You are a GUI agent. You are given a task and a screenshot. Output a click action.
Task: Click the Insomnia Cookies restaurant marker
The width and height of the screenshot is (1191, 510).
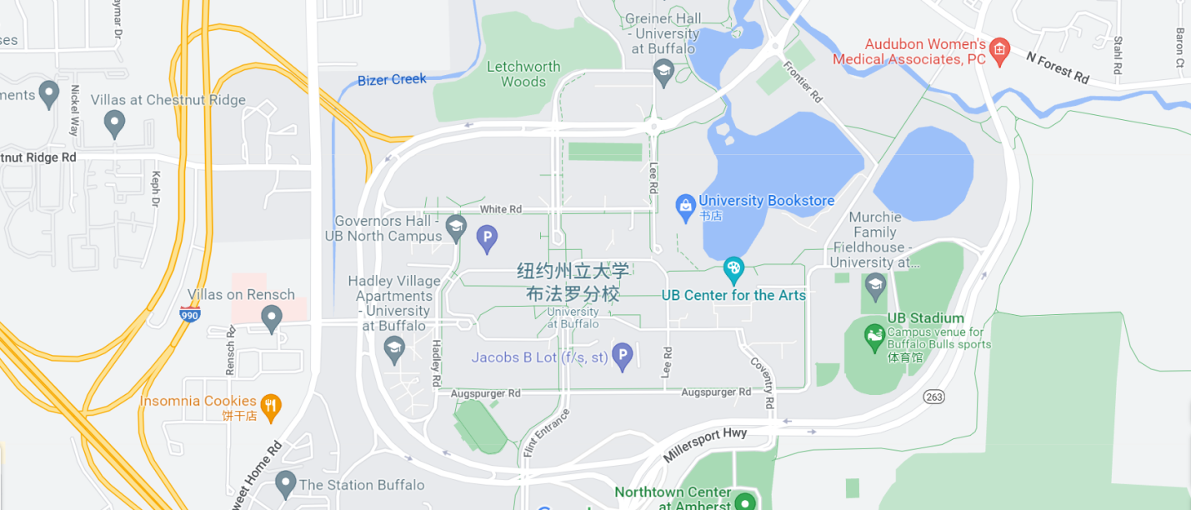click(x=271, y=407)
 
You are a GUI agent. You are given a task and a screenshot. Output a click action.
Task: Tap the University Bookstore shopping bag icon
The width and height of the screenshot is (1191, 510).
click(x=685, y=207)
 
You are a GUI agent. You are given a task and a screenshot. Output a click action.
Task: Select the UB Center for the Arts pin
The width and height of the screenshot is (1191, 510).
click(x=733, y=269)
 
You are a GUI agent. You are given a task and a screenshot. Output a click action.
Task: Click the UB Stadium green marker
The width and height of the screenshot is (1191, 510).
click(x=873, y=338)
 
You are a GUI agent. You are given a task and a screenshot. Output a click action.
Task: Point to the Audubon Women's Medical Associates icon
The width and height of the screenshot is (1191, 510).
click(x=999, y=51)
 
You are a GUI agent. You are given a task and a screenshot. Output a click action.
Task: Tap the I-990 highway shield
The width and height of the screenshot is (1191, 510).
click(x=189, y=314)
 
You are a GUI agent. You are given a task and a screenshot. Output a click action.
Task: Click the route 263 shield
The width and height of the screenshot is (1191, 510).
click(x=933, y=397)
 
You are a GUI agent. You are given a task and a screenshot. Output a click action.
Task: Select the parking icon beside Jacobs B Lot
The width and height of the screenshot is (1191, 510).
click(x=622, y=357)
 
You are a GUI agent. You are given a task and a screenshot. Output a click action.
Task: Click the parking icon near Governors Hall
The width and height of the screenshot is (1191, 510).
click(x=487, y=239)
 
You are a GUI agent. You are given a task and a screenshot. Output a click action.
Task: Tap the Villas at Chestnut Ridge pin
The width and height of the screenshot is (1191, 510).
click(x=114, y=125)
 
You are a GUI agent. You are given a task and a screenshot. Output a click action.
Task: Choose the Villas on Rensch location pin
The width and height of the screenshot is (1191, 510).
click(x=271, y=317)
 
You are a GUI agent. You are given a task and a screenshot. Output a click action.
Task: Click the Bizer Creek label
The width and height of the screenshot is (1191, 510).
click(x=392, y=80)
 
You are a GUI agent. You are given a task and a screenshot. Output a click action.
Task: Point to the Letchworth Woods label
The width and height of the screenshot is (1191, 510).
click(x=523, y=74)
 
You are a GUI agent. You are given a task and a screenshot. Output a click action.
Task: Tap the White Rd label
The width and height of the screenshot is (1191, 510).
click(x=501, y=209)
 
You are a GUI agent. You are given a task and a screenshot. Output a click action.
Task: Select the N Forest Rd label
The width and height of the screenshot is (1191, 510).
click(x=1058, y=67)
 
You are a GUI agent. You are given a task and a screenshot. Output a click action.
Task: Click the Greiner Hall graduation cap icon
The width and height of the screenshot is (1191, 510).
click(x=663, y=72)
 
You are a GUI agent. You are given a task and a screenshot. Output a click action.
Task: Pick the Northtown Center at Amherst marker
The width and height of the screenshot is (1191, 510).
click(x=744, y=502)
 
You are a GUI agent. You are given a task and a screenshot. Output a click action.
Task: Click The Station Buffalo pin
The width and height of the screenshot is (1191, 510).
click(x=286, y=482)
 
